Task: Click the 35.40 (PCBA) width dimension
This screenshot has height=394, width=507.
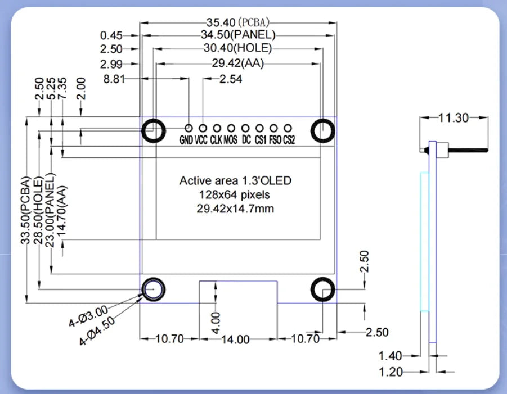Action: [237, 22]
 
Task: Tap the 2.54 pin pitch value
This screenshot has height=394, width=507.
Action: [230, 79]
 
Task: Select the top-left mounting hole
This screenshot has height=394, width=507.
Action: [153, 130]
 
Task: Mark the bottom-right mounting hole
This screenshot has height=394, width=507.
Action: [323, 290]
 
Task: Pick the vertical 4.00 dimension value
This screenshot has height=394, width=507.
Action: [217, 323]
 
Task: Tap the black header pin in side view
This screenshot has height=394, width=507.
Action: [467, 150]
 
